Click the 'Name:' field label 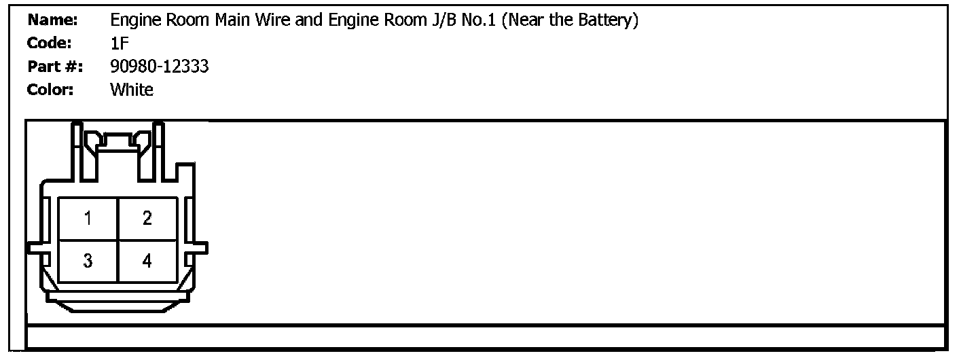click(x=53, y=21)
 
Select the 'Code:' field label click(x=50, y=43)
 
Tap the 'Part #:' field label click(x=54, y=67)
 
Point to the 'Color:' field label click(x=50, y=90)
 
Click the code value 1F click(x=119, y=43)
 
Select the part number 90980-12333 click(x=159, y=67)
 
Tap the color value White click(x=132, y=90)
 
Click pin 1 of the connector click(x=88, y=218)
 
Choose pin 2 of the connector click(x=147, y=218)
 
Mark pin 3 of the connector click(x=88, y=261)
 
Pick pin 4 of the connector click(x=147, y=261)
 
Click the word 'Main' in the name click(x=232, y=21)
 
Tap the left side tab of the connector click(x=35, y=248)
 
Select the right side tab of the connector click(x=200, y=248)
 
